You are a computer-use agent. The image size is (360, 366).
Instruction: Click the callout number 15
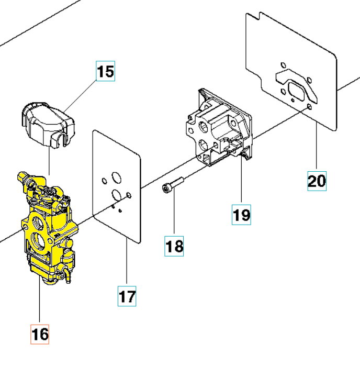(106, 71)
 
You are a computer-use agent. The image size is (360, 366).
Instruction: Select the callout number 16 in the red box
(40, 334)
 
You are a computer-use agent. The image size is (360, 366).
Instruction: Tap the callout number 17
(127, 296)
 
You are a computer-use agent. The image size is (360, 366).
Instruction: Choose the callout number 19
(242, 214)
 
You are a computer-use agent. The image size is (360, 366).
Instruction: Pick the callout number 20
(317, 181)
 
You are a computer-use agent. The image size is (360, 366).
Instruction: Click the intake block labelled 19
(217, 131)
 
